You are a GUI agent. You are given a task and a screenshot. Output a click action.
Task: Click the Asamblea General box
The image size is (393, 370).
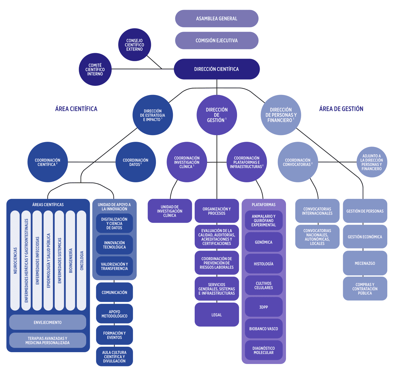coord(217,18)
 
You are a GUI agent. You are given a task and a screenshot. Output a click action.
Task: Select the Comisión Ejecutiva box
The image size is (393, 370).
coord(217,41)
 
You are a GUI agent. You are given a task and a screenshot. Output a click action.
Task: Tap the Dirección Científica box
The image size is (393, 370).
coord(217,69)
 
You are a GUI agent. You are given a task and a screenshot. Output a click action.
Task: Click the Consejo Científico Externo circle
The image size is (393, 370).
coord(135,45)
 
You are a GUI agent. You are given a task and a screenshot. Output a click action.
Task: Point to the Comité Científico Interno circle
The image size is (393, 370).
coord(95,70)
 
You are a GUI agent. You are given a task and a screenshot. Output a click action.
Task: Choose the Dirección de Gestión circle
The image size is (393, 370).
coord(217,115)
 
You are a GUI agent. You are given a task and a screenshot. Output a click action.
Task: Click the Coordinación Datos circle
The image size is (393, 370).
coord(136,162)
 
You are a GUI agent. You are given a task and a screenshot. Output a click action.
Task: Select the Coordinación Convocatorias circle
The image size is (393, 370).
coord(298,162)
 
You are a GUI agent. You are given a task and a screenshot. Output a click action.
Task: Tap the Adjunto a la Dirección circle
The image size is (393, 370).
coord(372,162)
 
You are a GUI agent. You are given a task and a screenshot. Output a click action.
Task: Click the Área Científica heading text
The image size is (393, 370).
coord(76,109)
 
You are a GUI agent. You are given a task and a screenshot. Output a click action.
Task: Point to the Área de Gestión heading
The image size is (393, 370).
coord(341,109)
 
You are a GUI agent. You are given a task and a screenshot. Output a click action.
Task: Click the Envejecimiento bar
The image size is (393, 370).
coord(48,322)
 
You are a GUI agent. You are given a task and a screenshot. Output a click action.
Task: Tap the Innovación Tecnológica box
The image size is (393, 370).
coord(114,245)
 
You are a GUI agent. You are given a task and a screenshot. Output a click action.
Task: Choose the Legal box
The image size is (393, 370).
coord(217,315)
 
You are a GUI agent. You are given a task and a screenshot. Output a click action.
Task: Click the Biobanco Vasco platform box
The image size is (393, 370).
coord(264,329)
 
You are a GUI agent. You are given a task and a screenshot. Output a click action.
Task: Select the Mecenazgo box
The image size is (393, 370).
coord(365,263)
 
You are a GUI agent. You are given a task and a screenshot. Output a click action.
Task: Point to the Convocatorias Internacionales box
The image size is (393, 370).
coord(317,211)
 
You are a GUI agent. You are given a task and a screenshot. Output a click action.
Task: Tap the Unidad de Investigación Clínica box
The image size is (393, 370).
coord(170,211)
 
